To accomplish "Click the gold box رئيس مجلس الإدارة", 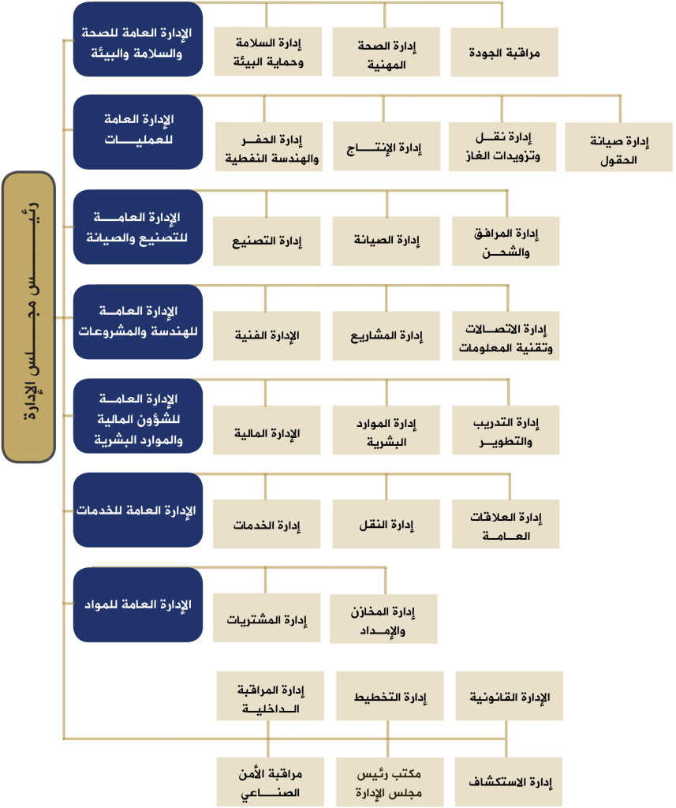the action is [x=29, y=317].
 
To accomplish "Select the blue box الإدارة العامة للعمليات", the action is [x=138, y=132].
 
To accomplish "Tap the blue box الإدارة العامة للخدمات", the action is [x=138, y=510].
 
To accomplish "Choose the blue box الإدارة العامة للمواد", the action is [x=138, y=604].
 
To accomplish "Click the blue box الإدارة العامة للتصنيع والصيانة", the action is [x=138, y=226].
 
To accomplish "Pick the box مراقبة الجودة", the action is [x=504, y=52].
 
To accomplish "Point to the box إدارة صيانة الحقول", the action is [x=618, y=147].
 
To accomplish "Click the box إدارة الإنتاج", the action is [x=387, y=146].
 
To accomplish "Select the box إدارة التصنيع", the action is [x=267, y=241].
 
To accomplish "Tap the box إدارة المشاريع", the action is [x=387, y=335].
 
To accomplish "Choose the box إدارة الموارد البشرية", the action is [x=387, y=430].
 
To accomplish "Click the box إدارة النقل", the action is [x=387, y=524].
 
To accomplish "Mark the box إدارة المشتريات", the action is [x=267, y=618].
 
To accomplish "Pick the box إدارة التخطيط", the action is [x=390, y=696].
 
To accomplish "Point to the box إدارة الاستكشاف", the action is [x=509, y=782].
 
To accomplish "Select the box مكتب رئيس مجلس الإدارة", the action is [x=390, y=782].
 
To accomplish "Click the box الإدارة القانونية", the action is [x=510, y=696].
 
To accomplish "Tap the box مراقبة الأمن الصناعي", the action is [x=271, y=782].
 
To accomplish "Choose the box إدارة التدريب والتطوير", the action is [x=506, y=430].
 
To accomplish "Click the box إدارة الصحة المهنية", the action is [x=387, y=52].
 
